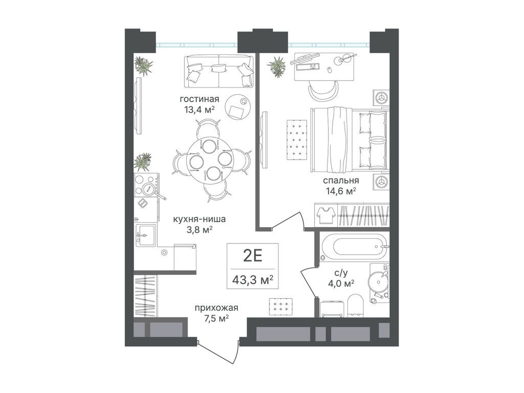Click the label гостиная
199,99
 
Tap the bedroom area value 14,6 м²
340,191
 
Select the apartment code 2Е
252,256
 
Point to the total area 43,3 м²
253,279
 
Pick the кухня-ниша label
199,219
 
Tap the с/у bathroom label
340,273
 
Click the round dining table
209,161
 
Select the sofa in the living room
219,71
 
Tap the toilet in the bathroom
355,305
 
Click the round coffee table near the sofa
237,106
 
